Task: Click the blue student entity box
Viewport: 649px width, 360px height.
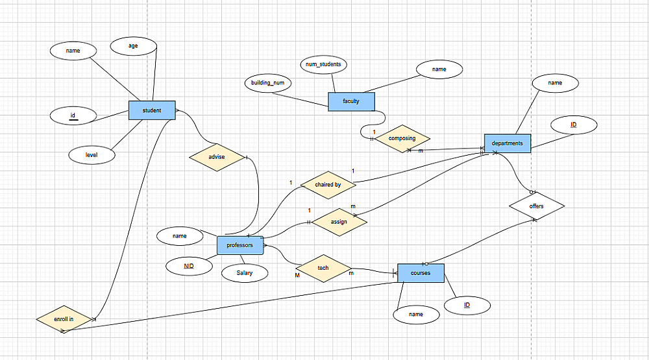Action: click(x=153, y=110)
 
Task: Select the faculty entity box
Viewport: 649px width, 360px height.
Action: click(x=352, y=101)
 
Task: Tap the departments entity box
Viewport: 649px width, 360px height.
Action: click(x=507, y=143)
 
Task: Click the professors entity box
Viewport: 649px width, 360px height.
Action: click(x=240, y=245)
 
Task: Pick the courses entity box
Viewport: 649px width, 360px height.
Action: click(x=420, y=273)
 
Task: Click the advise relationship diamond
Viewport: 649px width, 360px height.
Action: click(x=216, y=158)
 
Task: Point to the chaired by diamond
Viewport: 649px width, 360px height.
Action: click(x=328, y=185)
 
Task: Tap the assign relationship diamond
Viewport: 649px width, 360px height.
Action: click(x=339, y=222)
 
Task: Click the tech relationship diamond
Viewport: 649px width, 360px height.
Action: click(x=323, y=268)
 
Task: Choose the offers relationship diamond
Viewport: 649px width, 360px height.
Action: click(x=537, y=206)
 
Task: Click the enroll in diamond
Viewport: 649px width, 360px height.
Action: click(x=64, y=319)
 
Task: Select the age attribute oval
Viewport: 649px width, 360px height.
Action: click(x=133, y=46)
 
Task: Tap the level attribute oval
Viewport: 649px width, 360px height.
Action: click(x=92, y=155)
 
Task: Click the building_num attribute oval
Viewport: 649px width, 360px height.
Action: click(x=268, y=84)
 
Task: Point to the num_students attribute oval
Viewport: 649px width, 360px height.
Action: click(x=323, y=64)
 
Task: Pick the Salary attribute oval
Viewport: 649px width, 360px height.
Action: click(x=245, y=273)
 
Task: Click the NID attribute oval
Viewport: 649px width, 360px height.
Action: click(x=189, y=266)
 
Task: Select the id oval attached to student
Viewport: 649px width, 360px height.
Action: click(x=73, y=116)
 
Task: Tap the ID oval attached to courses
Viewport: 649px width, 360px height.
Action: click(x=467, y=305)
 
